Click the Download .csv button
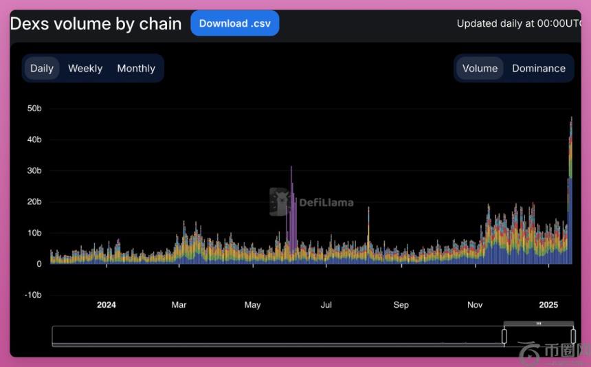[235, 23]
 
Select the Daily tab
[42, 68]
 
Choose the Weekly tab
[85, 68]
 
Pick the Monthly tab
[136, 68]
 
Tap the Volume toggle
[480, 68]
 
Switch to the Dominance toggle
[539, 68]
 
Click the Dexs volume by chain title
[96, 24]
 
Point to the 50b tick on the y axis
[34, 109]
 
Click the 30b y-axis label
[34, 170]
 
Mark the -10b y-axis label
[33, 295]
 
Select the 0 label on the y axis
[39, 264]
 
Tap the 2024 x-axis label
[107, 305]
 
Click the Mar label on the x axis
[179, 305]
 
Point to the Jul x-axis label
[326, 305]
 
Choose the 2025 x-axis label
[548, 305]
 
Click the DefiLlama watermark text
[326, 203]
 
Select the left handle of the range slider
[504, 335]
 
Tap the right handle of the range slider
[573, 335]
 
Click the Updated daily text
[519, 23]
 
